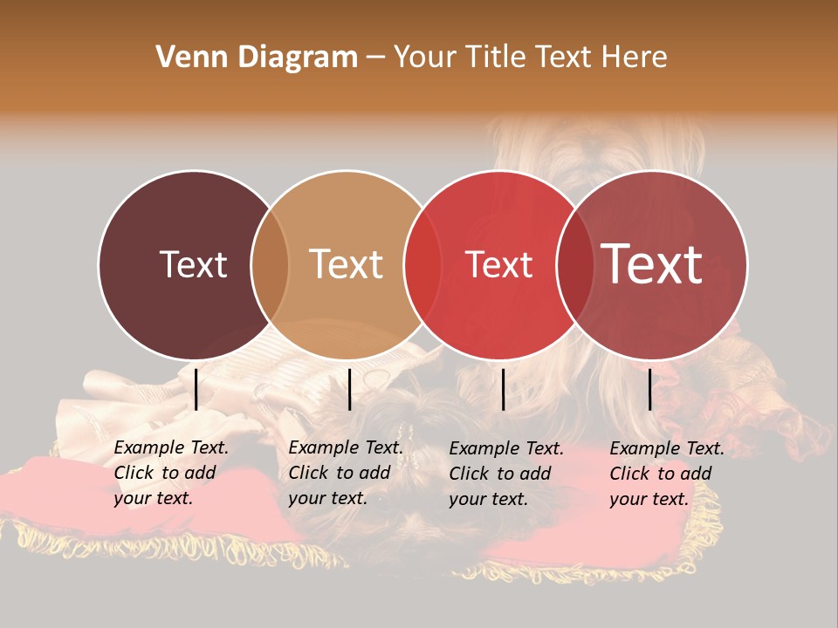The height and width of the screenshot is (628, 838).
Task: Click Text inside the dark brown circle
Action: [193, 264]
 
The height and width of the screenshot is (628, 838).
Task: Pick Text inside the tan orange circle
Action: [347, 264]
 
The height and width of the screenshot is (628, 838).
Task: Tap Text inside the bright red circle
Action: [499, 264]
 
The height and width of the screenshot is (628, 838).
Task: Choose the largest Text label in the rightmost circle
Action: [652, 264]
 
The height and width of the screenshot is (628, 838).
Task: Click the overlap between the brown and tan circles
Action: [270, 265]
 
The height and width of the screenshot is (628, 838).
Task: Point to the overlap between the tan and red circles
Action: [422, 265]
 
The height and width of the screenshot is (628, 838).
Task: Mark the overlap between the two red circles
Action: [574, 265]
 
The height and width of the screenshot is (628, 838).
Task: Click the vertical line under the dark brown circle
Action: [196, 389]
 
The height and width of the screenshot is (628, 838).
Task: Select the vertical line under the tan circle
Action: [349, 389]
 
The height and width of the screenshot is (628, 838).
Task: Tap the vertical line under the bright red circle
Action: [504, 389]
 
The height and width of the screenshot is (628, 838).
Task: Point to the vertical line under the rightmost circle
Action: [650, 389]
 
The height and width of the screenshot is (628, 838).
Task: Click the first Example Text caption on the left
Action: [171, 473]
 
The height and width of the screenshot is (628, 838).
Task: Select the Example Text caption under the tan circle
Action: [346, 473]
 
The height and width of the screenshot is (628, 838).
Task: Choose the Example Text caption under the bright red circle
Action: [506, 474]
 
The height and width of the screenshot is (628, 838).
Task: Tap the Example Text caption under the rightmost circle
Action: [667, 474]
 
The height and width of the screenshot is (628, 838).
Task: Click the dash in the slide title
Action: [375, 58]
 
